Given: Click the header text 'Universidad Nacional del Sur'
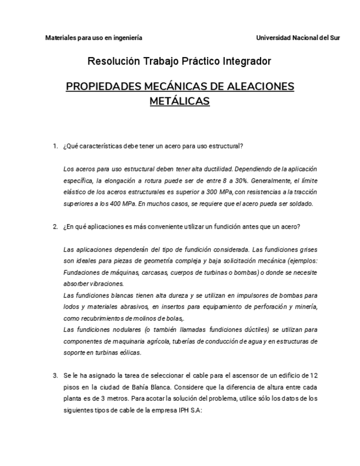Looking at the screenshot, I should [298, 38].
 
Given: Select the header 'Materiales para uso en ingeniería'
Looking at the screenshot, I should [93, 38].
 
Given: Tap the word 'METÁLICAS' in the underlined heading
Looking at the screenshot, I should [180, 101].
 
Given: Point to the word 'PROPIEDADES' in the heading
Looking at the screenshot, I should [101, 87].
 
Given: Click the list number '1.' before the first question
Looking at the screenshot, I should [56, 146].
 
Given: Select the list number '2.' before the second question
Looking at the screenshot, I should [56, 226].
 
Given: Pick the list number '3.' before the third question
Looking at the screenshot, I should [56, 376].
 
